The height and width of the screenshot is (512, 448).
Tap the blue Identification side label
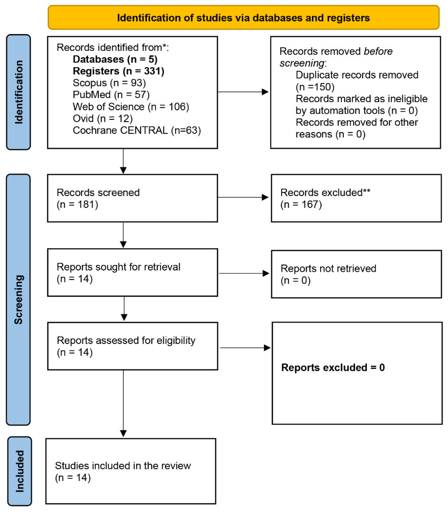18,92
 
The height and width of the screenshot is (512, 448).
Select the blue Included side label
19,471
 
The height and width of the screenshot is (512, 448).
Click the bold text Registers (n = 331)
118,71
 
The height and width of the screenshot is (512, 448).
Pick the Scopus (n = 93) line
109,83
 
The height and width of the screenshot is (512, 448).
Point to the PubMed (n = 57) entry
111,95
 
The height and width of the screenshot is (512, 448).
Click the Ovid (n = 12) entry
102,118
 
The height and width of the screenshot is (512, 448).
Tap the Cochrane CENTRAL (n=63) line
137,130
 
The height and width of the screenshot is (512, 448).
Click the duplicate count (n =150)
315,87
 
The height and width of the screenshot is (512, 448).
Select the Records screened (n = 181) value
77,204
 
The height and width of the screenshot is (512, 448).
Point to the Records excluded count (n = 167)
301,204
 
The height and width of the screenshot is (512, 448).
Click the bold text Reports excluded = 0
333,367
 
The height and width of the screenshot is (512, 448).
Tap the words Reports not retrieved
328,268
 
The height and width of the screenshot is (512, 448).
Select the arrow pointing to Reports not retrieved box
244,273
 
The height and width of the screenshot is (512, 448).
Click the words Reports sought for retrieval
118,267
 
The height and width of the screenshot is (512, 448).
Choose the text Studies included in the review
123,466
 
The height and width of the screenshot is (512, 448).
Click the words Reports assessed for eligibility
126,340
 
